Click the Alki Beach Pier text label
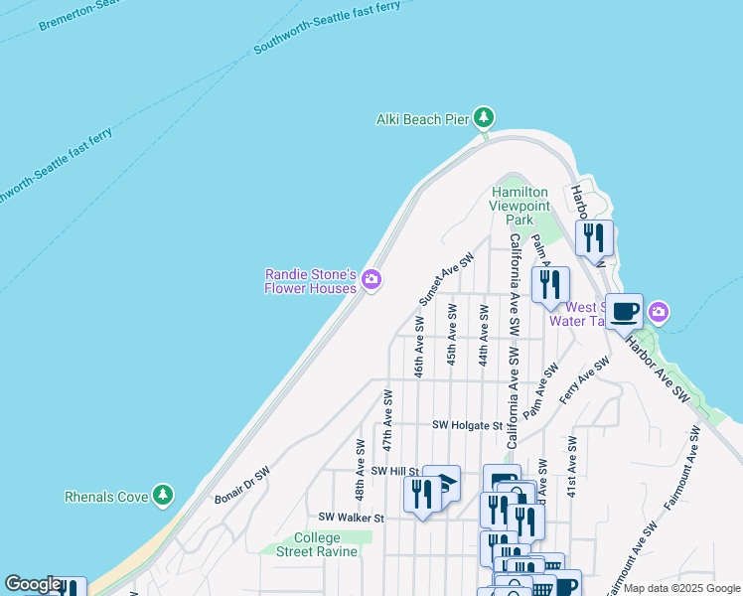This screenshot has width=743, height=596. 421,119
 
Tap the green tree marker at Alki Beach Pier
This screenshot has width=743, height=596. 484,118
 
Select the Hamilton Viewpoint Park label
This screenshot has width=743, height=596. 519,206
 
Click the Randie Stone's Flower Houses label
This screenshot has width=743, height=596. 310,281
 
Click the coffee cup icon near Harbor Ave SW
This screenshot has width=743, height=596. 624,312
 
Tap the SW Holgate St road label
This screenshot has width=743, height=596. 468,425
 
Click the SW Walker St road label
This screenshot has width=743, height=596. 351,518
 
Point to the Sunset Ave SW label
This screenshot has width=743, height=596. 446,278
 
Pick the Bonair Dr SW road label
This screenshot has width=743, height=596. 242,486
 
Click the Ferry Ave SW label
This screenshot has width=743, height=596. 583,380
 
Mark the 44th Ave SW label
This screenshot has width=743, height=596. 483,335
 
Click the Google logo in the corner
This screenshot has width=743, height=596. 32,584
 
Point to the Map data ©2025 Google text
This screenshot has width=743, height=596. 682,588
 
